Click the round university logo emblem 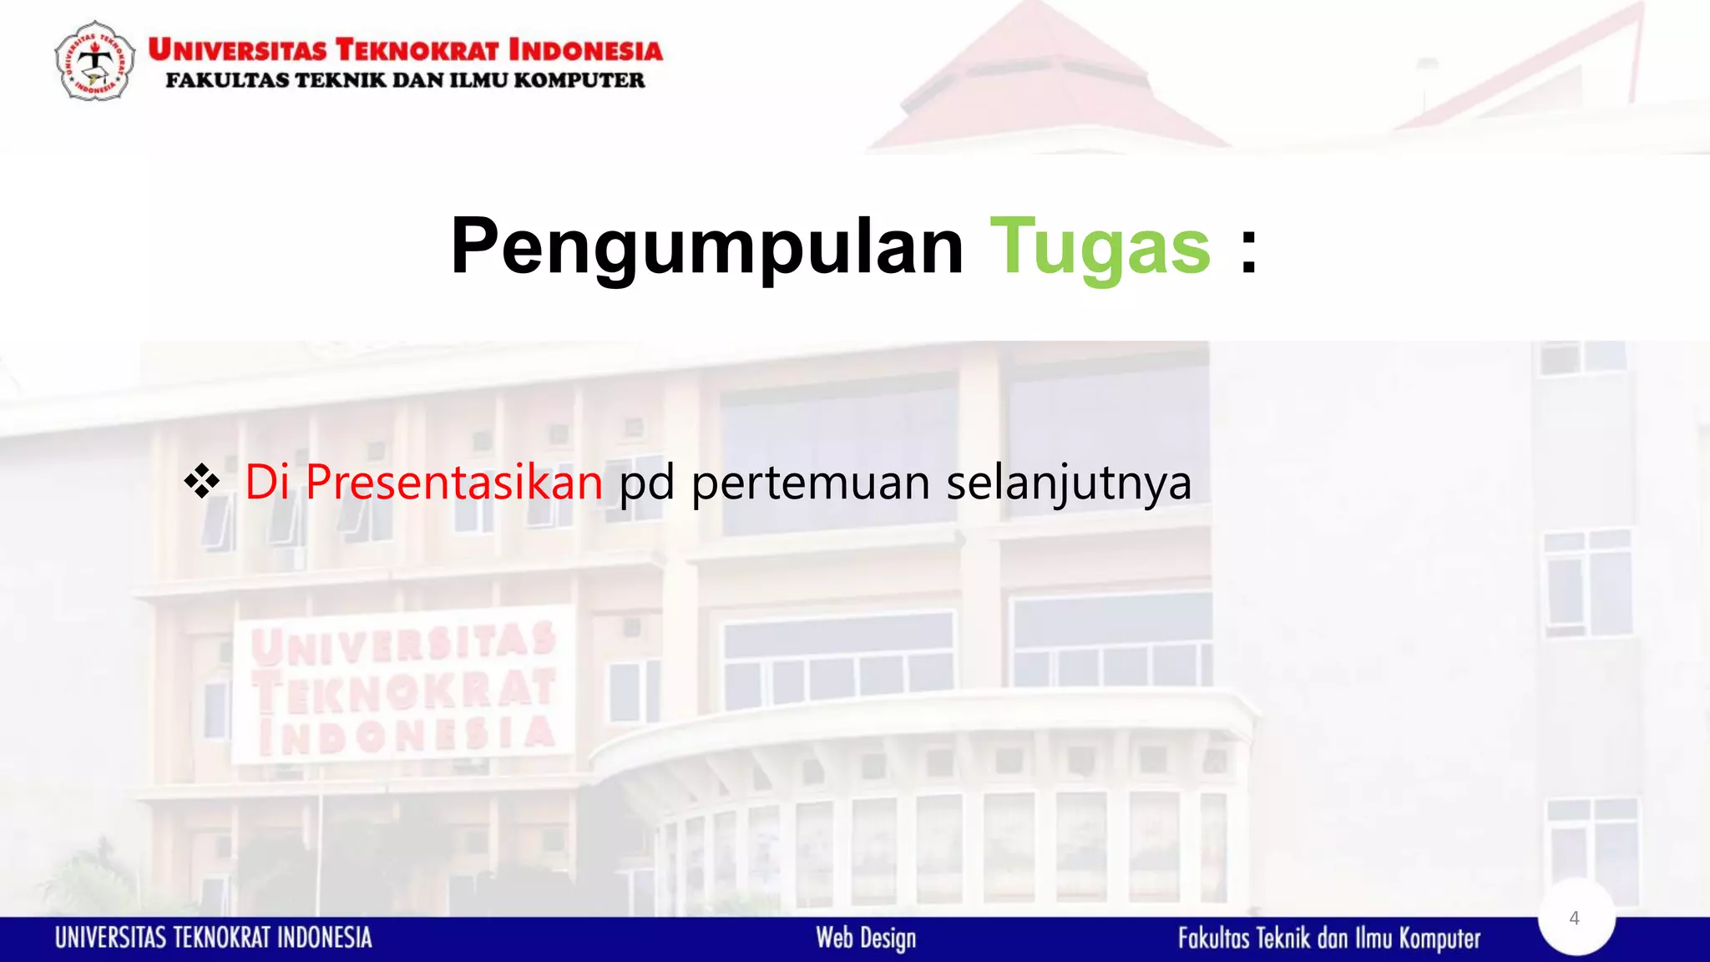[x=94, y=62]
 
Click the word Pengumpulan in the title [x=706, y=246]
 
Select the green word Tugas [x=1100, y=246]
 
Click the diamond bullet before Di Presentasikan [x=202, y=482]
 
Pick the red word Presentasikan [x=453, y=482]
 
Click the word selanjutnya [x=1069, y=484]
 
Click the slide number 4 [x=1575, y=918]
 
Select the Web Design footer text [x=866, y=939]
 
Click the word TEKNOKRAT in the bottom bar [x=222, y=938]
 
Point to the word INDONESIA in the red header [x=585, y=50]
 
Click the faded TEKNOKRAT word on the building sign [x=404, y=690]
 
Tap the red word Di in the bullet [x=266, y=482]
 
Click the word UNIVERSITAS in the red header [x=238, y=50]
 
